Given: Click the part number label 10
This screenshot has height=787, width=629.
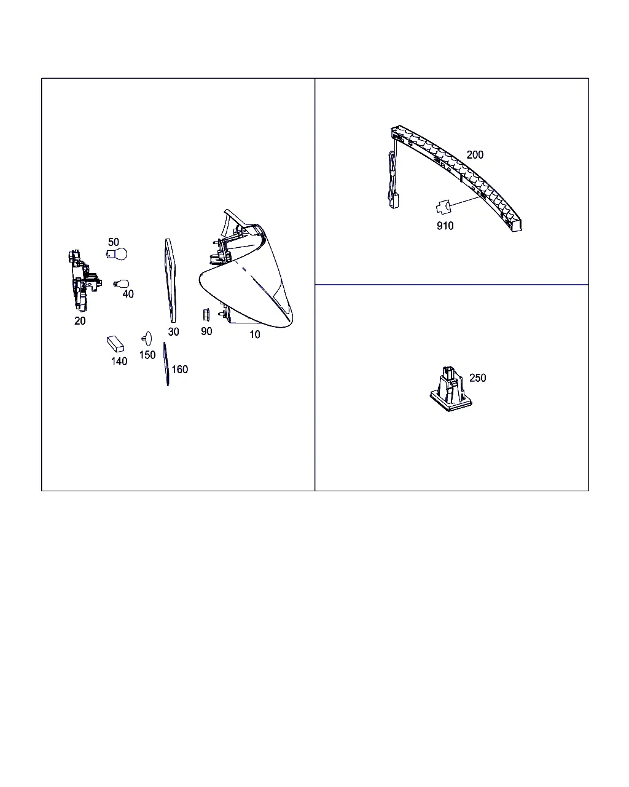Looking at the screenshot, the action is [254, 334].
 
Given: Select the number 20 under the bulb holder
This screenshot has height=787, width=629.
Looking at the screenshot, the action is [80, 321].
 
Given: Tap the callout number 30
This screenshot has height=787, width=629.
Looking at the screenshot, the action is [173, 331].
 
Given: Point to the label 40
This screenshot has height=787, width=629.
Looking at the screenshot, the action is [128, 294].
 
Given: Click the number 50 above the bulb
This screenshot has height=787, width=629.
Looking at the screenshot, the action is [113, 242].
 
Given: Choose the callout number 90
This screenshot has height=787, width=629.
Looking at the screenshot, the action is [206, 331].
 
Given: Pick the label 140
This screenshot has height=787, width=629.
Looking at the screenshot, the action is [119, 362].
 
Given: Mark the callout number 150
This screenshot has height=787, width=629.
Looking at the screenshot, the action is [147, 355].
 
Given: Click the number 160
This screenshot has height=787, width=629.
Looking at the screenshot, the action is [180, 370].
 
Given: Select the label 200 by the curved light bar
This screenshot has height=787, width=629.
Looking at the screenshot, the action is [475, 155].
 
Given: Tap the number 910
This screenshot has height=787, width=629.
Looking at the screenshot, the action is [445, 226].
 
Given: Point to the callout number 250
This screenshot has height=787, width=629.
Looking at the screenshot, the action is [477, 378].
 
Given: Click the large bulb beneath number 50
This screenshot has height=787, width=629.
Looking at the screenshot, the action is [117, 254].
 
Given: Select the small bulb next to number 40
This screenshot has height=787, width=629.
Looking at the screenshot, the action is [121, 284].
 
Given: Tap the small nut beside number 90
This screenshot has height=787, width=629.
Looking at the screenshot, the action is [206, 315].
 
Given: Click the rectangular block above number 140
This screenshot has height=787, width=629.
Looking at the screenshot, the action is [115, 344].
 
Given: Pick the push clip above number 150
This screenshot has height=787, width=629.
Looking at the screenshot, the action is [147, 339].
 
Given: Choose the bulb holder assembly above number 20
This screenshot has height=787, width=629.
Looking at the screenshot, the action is [84, 280].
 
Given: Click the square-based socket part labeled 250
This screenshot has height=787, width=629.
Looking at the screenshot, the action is [451, 389].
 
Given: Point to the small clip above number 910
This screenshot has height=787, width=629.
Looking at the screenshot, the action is [443, 207].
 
